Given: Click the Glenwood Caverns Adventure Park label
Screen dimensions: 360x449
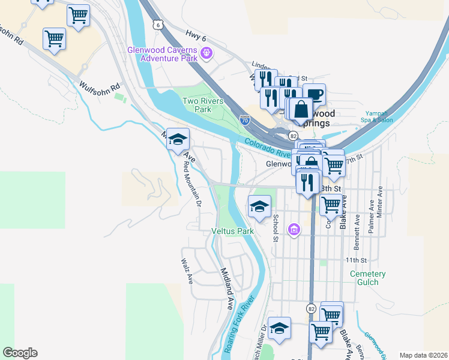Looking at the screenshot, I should click(x=163, y=54).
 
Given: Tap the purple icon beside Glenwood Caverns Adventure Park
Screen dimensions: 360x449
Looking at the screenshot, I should click(x=206, y=53).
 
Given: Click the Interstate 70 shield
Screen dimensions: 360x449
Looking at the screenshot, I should click(x=244, y=119).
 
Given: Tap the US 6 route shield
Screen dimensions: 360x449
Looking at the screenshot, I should click(x=157, y=24).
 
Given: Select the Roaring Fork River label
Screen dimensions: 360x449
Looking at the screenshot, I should click(x=240, y=325).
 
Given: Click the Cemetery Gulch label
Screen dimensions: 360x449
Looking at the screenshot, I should click(x=368, y=278).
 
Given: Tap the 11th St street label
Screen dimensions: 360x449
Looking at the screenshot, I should click(x=356, y=260).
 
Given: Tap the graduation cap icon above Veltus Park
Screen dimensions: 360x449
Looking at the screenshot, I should click(x=259, y=207).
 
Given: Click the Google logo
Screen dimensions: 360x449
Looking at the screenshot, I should click(x=20, y=353).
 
